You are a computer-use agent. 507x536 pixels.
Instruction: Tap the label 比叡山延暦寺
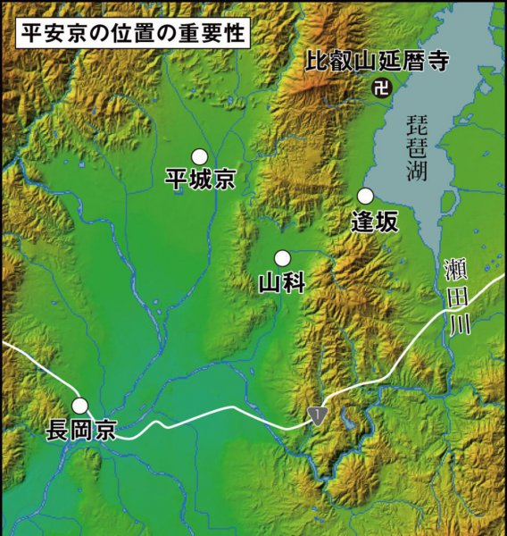pos(376,62)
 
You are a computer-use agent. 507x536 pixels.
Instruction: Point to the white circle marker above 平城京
pos(199,156)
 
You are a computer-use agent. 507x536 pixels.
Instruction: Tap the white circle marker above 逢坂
pos(364,196)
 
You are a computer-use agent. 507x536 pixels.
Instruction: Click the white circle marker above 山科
pos(282,258)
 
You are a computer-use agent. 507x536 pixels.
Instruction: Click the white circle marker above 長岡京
pos(80,406)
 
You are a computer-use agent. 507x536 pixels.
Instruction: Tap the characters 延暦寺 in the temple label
pos(411,62)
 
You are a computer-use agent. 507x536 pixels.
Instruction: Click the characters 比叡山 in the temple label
pos(340,62)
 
